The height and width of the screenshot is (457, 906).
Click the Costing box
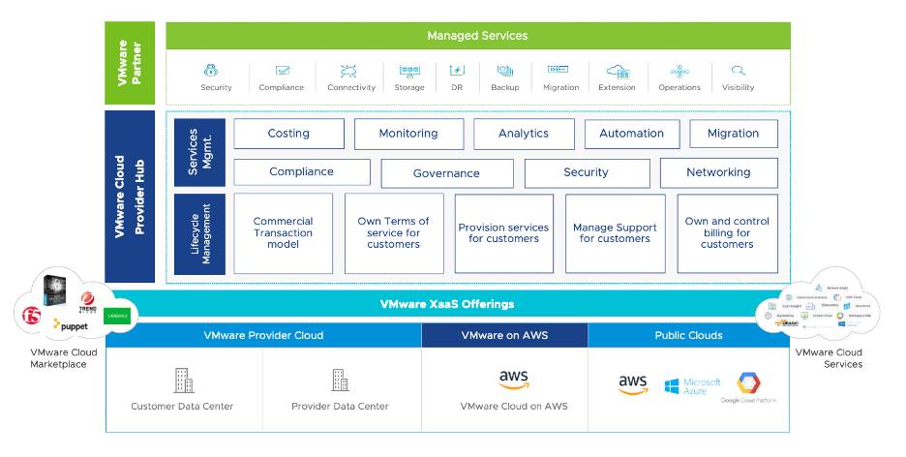pyautogui.click(x=288, y=134)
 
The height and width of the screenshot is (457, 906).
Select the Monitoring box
pyautogui.click(x=408, y=134)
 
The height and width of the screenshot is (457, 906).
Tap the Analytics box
pyautogui.click(x=524, y=134)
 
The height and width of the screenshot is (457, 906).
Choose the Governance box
pyautogui.click(x=446, y=173)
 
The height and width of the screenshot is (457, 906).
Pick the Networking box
pyautogui.click(x=718, y=172)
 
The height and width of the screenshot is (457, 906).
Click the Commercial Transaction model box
pyautogui.click(x=284, y=233)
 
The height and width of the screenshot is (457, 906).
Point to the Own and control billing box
pyautogui.click(x=727, y=233)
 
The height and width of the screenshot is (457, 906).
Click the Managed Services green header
pyautogui.click(x=478, y=36)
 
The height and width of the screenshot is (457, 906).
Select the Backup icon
pyautogui.click(x=505, y=71)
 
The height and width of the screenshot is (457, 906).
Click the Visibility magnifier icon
pyautogui.click(x=739, y=71)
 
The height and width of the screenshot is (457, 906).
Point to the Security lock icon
pyautogui.click(x=217, y=71)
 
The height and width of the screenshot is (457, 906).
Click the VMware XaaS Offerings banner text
pyautogui.click(x=446, y=304)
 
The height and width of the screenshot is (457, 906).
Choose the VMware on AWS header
pyautogui.click(x=504, y=335)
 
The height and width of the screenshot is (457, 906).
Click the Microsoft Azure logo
pyautogui.click(x=693, y=385)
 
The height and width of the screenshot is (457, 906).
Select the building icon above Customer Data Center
pyautogui.click(x=182, y=381)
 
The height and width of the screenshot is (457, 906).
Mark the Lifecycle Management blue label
pyautogui.click(x=200, y=234)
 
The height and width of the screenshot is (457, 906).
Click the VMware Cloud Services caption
pyautogui.click(x=829, y=358)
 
